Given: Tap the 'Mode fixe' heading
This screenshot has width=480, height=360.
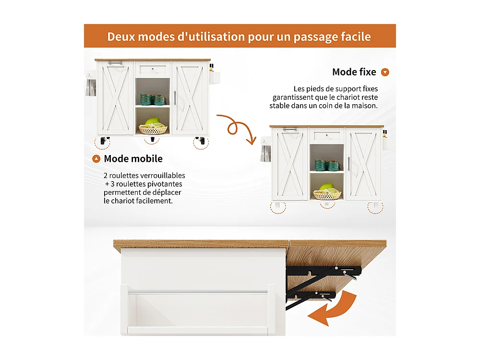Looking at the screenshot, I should point(354,72).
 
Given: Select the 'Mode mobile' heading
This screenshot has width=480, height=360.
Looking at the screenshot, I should point(133,158).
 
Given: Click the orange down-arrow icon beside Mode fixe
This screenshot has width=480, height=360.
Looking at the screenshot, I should point(385,72).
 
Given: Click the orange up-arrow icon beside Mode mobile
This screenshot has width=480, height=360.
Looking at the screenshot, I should point(96,159).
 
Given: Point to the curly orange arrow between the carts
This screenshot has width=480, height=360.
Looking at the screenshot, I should point(236,129).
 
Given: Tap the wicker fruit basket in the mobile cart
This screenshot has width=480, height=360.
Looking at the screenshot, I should point(153,128).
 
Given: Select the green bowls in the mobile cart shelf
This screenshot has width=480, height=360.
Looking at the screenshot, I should point(153,99).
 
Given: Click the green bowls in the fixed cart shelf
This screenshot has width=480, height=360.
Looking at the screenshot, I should point(327,166).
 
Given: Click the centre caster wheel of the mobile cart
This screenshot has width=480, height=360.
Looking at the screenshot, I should point(153,140).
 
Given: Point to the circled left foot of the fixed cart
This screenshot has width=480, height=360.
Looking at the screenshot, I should point(278,207).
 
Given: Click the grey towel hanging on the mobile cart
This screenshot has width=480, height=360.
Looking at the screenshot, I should point(91,87).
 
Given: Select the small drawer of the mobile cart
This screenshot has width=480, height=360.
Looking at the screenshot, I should point(153,69).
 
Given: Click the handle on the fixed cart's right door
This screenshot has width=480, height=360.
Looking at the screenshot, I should point(349,164).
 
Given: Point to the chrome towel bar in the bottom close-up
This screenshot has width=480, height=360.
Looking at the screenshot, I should point(198,291).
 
